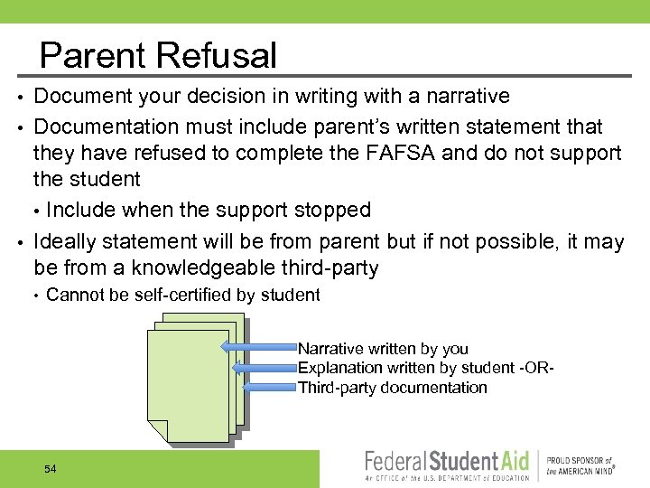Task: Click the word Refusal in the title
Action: (x=217, y=56)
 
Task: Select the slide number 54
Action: (x=50, y=469)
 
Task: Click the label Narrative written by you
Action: (x=383, y=349)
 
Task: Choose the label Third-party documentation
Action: (x=392, y=388)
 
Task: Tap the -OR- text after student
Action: (x=534, y=368)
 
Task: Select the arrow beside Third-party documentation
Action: (x=271, y=387)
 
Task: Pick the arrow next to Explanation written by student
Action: (x=265, y=368)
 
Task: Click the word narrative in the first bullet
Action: (x=460, y=97)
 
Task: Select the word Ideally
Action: (x=64, y=241)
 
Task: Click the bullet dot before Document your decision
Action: (x=20, y=97)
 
